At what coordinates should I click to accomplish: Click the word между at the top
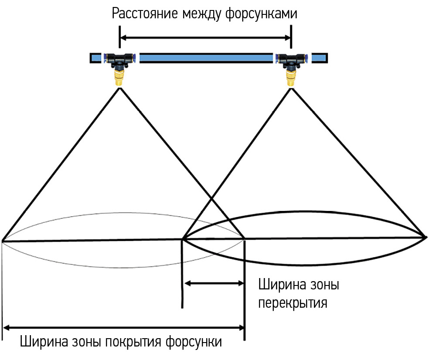tap(199, 14)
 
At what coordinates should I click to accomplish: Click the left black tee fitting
tap(119, 59)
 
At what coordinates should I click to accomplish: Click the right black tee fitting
tap(290, 59)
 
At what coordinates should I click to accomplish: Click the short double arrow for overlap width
tap(214, 283)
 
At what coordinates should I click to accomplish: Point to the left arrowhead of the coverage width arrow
tap(7, 327)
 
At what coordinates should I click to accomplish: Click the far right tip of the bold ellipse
tap(426, 238)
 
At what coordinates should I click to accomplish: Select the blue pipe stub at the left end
tap(96, 58)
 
